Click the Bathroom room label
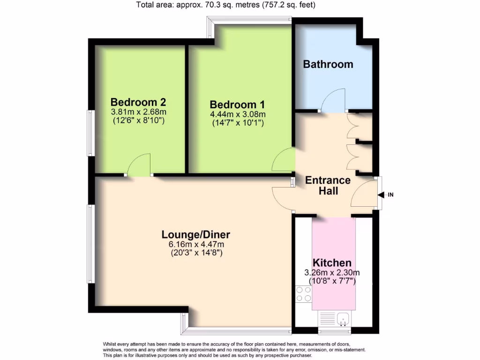coord(328,64)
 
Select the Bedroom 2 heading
coord(138,102)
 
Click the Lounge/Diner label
coord(196,234)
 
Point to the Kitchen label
coord(332,262)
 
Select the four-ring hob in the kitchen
coord(303,293)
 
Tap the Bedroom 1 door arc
coord(283,160)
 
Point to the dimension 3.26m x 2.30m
coord(332,272)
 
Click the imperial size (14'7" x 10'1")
coord(238,123)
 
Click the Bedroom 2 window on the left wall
coord(90,133)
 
